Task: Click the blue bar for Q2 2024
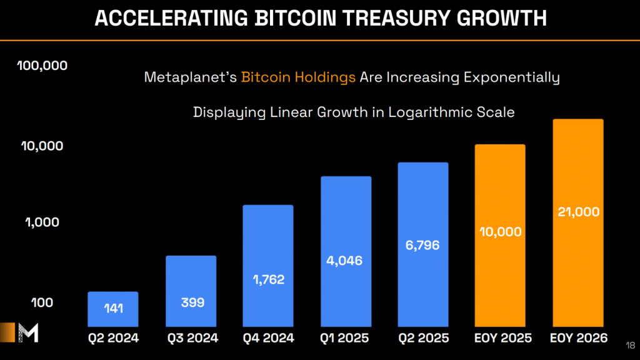pyautogui.click(x=112, y=309)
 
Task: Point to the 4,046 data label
pyautogui.click(x=346, y=260)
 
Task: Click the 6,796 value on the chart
pyautogui.click(x=422, y=245)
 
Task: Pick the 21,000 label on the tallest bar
pyautogui.click(x=578, y=212)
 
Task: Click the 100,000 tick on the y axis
pyautogui.click(x=42, y=66)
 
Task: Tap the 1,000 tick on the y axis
pyautogui.click(x=42, y=222)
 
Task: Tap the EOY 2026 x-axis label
pyautogui.click(x=578, y=338)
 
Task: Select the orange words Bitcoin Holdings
pyautogui.click(x=298, y=77)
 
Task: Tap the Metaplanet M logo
pyautogui.click(x=28, y=332)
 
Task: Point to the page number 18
pyautogui.click(x=629, y=344)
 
